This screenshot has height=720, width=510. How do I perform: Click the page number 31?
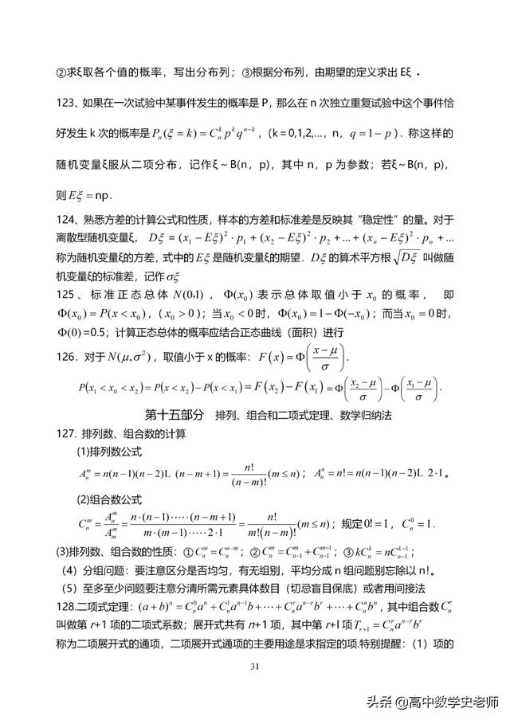pyautogui.click(x=255, y=665)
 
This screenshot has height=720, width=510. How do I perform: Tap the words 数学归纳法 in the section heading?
pyautogui.click(x=371, y=415)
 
